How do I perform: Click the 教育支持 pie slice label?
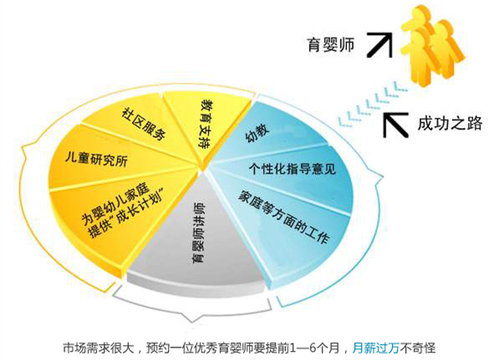click(x=206, y=124)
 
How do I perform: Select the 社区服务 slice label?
click(x=144, y=124)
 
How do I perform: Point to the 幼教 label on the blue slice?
click(x=257, y=132)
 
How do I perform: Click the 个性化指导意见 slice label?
click(x=293, y=169)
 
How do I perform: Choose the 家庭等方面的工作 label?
click(x=284, y=217)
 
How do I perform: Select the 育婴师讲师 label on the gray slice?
click(x=199, y=232)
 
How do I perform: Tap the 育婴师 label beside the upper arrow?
click(x=330, y=45)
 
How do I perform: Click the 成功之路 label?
click(x=450, y=123)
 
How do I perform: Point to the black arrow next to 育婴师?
click(x=379, y=44)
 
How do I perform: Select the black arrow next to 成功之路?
click(x=395, y=124)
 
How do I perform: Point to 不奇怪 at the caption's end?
click(x=417, y=347)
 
